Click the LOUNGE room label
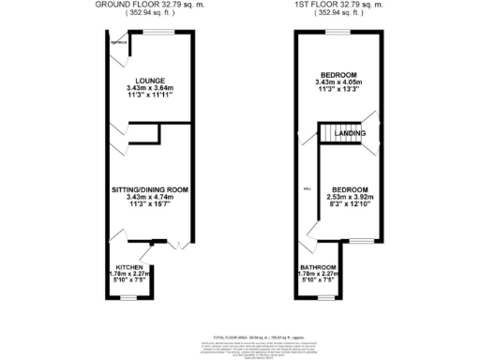coord(149,80)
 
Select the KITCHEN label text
coord(120,267)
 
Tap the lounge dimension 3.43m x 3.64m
coord(149,88)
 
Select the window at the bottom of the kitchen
coord(121,296)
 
